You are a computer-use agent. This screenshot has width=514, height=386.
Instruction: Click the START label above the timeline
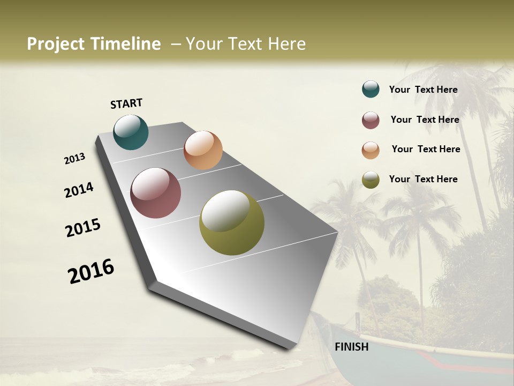126,103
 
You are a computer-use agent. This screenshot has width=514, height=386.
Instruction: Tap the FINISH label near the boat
352,347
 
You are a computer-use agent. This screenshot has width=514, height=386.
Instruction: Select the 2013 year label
74,159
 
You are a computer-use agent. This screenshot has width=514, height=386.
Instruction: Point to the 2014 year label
79,190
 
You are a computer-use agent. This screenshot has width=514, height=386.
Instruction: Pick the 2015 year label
83,228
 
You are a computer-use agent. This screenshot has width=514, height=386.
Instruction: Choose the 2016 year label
91,271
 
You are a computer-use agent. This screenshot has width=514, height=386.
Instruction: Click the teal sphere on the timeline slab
131,132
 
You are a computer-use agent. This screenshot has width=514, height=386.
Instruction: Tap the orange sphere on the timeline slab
203,150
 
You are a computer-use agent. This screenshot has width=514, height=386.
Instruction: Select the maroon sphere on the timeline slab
156,193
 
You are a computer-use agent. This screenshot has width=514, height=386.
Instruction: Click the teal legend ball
371,90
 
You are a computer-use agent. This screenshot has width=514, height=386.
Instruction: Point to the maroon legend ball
371,120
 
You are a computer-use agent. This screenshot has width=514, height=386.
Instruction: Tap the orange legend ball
371,150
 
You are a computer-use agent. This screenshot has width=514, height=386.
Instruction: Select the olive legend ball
371,180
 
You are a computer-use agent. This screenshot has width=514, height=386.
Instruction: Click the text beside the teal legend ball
423,90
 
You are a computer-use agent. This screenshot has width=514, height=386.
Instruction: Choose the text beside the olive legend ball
423,179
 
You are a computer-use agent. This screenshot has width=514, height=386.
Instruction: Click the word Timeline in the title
126,44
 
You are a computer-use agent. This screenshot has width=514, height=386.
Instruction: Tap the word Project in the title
56,44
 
